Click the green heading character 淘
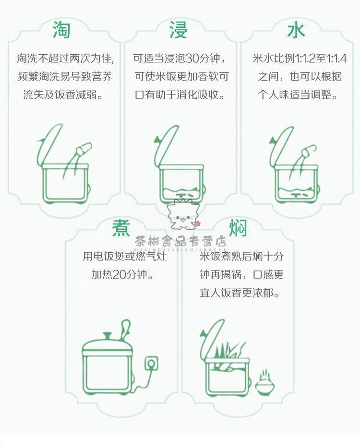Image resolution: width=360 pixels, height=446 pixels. coord(61,30)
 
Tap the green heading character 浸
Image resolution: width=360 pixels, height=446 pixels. coord(179,30)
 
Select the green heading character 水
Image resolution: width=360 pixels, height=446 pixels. coord(296,30)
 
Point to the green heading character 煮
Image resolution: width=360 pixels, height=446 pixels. coord(120,227)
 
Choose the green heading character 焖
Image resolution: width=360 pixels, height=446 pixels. coord(238,227)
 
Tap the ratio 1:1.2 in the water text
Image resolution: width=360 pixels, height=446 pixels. coord(305,59)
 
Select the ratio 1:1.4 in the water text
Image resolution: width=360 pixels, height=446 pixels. coord(336,59)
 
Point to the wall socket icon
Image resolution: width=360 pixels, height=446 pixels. coord(151,364)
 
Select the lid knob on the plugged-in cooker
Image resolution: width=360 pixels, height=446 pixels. coord(108,336)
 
